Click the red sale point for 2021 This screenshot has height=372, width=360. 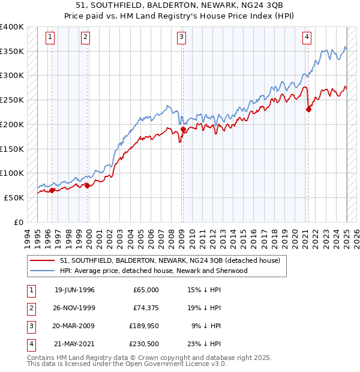(x=309, y=109)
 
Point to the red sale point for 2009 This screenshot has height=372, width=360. (x=183, y=129)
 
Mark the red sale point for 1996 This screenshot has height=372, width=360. (x=52, y=190)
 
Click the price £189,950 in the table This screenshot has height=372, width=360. (x=145, y=326)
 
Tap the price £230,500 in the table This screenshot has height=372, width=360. (x=145, y=344)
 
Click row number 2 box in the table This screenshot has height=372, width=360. (x=29, y=308)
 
